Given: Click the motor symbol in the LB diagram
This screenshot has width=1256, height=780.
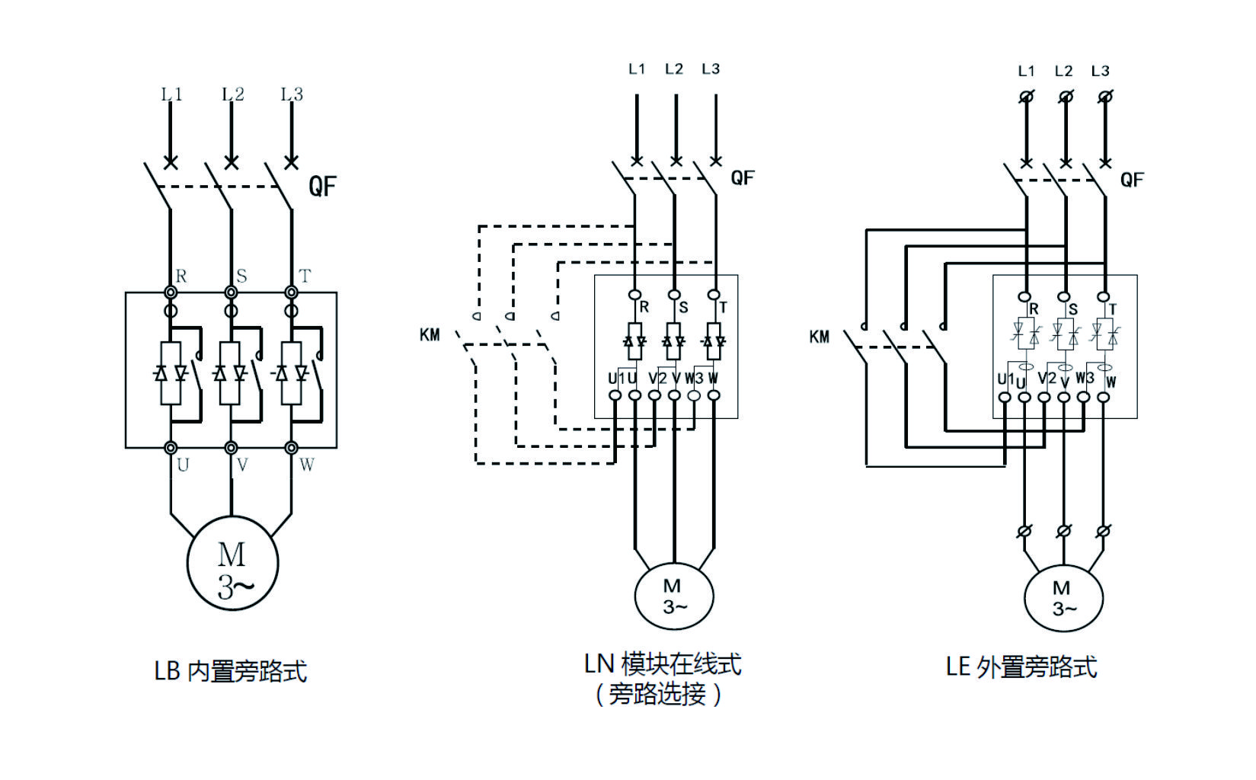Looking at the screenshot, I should (x=232, y=564).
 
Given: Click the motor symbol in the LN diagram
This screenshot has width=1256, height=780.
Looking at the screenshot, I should (x=673, y=596).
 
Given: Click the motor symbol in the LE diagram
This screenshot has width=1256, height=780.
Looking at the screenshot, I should (x=1063, y=598).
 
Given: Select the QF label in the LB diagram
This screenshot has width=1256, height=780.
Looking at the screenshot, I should (x=322, y=186).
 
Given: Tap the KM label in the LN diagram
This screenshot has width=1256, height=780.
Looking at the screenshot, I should (x=430, y=335).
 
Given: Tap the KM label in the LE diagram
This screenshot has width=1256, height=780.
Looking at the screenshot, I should (x=820, y=337).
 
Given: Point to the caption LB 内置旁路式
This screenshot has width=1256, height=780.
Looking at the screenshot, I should (x=231, y=671).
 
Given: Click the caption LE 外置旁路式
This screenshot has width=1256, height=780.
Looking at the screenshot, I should (x=1021, y=667).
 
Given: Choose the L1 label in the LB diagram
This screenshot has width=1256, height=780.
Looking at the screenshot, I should (x=171, y=94).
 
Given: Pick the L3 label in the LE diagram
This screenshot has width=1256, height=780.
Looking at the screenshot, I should (x=1100, y=72).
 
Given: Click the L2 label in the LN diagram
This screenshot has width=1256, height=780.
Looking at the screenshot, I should (x=673, y=69).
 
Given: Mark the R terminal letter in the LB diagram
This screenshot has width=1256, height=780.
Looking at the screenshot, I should (x=181, y=277).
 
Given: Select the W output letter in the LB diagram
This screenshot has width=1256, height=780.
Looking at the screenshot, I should (x=306, y=465).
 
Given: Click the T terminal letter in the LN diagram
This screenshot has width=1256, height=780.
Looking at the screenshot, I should (x=723, y=308).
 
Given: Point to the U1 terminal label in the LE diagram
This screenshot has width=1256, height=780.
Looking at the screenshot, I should (x=1005, y=379).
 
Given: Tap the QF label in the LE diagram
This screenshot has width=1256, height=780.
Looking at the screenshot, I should (x=1132, y=180).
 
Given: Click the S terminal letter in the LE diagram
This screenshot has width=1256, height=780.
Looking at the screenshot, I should (x=1073, y=309).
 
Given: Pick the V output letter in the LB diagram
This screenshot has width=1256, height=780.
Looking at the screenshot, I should (x=242, y=465).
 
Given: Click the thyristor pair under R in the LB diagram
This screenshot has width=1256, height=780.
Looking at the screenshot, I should (x=171, y=373).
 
